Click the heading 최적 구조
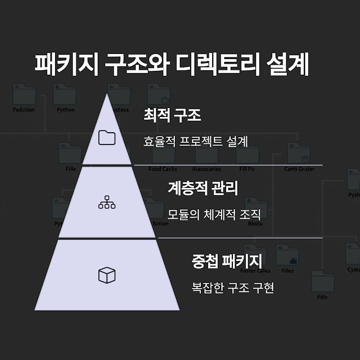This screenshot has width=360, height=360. (x=172, y=116)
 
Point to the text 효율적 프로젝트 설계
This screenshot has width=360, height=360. (x=195, y=141)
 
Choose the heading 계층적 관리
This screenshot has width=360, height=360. (x=202, y=188)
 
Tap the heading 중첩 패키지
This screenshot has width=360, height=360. (x=227, y=260)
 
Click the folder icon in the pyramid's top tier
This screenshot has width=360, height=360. (x=106, y=137)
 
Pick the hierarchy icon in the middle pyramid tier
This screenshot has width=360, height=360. (x=106, y=203)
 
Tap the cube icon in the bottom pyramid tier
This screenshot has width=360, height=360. (x=106, y=275)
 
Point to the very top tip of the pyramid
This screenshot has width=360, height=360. (x=106, y=94)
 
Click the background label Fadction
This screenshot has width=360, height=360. (x=24, y=110)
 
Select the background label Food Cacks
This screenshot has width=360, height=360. (x=163, y=169)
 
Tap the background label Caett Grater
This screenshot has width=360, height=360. (x=299, y=169)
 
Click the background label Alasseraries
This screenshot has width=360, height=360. (x=206, y=169)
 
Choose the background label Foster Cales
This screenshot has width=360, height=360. (x=255, y=271)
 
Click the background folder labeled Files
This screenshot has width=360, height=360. (x=287, y=258)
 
